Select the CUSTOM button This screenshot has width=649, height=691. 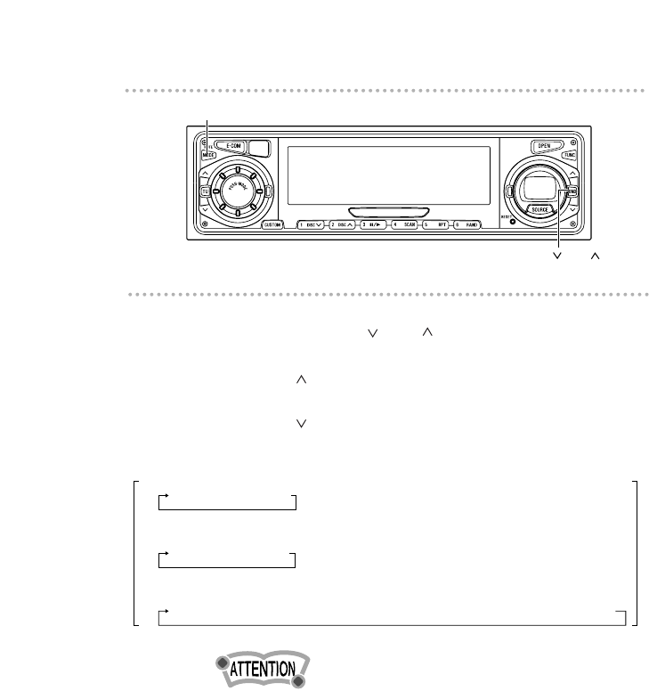coord(273,225)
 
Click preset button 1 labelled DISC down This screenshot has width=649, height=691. coord(312,225)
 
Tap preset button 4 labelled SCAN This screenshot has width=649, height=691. coord(406,225)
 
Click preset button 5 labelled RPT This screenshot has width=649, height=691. coord(437,225)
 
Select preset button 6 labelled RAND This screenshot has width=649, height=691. coord(468,225)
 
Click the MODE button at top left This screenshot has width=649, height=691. coord(209,154)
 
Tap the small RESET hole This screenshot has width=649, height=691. coord(510,221)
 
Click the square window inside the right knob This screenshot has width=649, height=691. coord(539,187)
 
